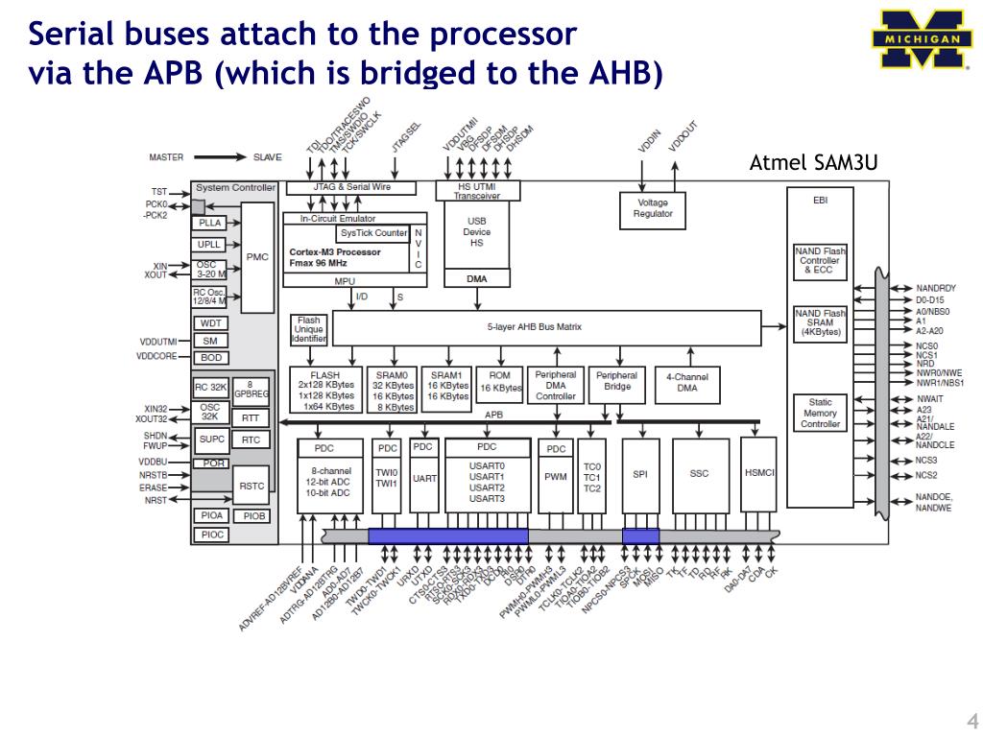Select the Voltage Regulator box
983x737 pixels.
tap(653, 208)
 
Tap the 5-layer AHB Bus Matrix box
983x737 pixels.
tap(547, 327)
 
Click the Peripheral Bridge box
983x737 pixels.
tap(617, 381)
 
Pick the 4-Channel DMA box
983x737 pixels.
tap(687, 382)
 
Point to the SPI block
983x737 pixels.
tap(640, 474)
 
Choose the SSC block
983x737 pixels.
tap(700, 474)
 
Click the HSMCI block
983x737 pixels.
tap(759, 474)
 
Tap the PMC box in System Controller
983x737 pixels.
tap(257, 257)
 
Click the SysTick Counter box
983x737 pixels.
tap(373, 233)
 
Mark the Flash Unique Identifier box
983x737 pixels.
tap(309, 330)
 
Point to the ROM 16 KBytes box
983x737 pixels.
tap(500, 382)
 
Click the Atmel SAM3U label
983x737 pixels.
tap(812, 162)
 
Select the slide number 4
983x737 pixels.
tap(971, 722)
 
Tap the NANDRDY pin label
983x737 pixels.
tap(936, 288)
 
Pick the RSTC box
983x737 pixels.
tap(252, 487)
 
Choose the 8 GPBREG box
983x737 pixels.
tap(252, 389)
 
